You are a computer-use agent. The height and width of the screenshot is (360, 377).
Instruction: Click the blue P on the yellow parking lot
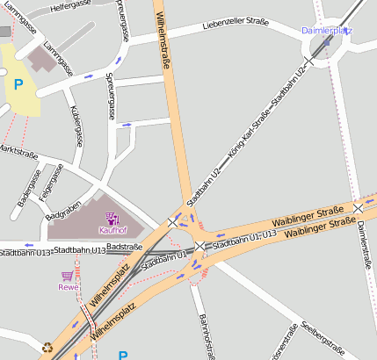tap(18, 85)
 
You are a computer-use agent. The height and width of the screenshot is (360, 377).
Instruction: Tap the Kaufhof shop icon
tap(112, 218)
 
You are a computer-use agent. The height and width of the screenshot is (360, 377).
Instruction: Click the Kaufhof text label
tap(112, 230)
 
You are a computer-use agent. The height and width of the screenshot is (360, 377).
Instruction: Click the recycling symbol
tap(47, 346)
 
